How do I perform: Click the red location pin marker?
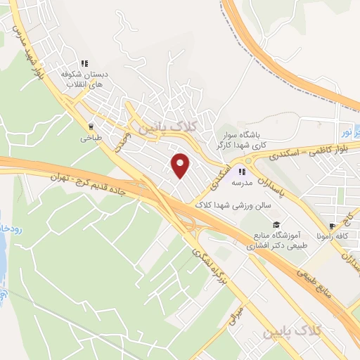pyautogui.click(x=181, y=165)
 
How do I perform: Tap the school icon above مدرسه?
pyautogui.click(x=243, y=170)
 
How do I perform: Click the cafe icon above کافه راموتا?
pyautogui.click(x=330, y=227)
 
